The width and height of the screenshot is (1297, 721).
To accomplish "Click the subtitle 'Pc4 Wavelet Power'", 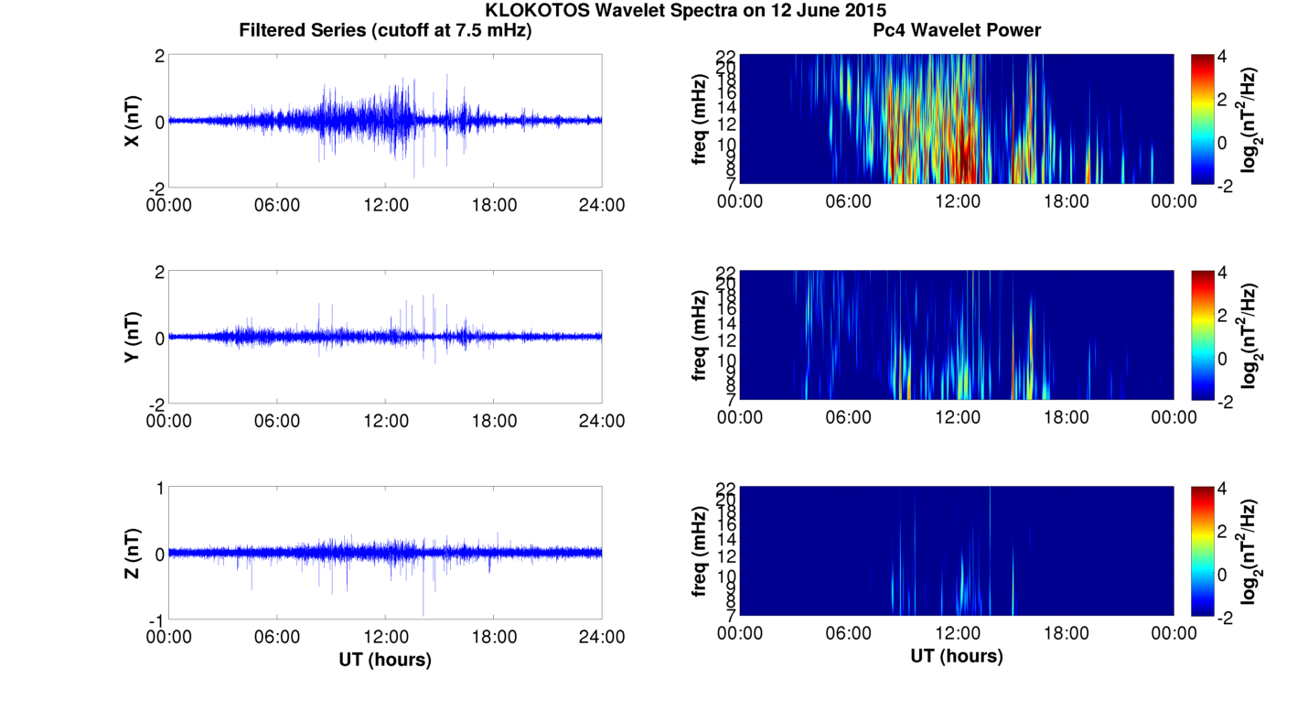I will (956, 31).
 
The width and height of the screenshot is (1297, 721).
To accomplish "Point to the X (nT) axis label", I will (134, 121).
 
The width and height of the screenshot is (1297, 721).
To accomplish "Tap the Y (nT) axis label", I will (134, 337).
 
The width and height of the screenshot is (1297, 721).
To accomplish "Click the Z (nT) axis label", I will (134, 554).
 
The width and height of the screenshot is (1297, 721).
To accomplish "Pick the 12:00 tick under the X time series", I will (386, 205).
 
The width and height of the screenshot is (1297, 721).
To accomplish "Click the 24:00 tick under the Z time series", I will (602, 638).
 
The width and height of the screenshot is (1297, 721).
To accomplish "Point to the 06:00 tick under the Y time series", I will (277, 421).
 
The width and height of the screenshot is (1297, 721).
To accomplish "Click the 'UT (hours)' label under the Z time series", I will (385, 659).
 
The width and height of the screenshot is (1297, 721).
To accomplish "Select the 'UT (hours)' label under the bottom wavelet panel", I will (956, 655).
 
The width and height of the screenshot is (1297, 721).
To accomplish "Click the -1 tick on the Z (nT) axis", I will (155, 619).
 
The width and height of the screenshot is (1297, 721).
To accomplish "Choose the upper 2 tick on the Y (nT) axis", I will (159, 272).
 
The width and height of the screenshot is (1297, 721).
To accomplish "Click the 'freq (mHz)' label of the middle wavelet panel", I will (700, 334).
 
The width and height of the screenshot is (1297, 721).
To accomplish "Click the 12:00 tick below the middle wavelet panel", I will (957, 417).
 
